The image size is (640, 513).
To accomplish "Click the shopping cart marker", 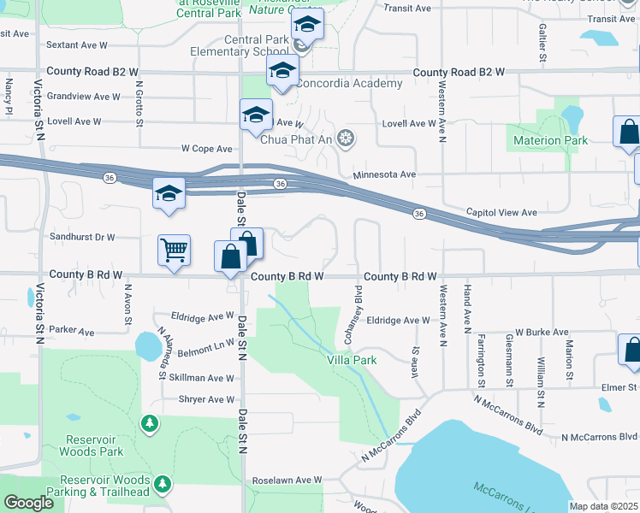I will (174, 251).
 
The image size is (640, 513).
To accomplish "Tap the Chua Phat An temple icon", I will (346, 139).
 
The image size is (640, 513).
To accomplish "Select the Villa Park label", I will (352, 360).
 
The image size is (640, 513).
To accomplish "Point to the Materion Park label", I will (549, 139).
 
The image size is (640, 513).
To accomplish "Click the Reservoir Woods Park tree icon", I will (150, 423).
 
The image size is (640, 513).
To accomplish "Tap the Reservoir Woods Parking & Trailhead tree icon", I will (162, 485).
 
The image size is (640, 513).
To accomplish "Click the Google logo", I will (28, 503).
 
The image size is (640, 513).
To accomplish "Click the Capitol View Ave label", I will (501, 212).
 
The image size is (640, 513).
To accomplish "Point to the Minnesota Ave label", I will (384, 174).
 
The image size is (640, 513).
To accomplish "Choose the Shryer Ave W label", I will (206, 399).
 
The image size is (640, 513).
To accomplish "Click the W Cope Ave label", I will (207, 148).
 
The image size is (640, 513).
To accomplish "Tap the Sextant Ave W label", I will (77, 43).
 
